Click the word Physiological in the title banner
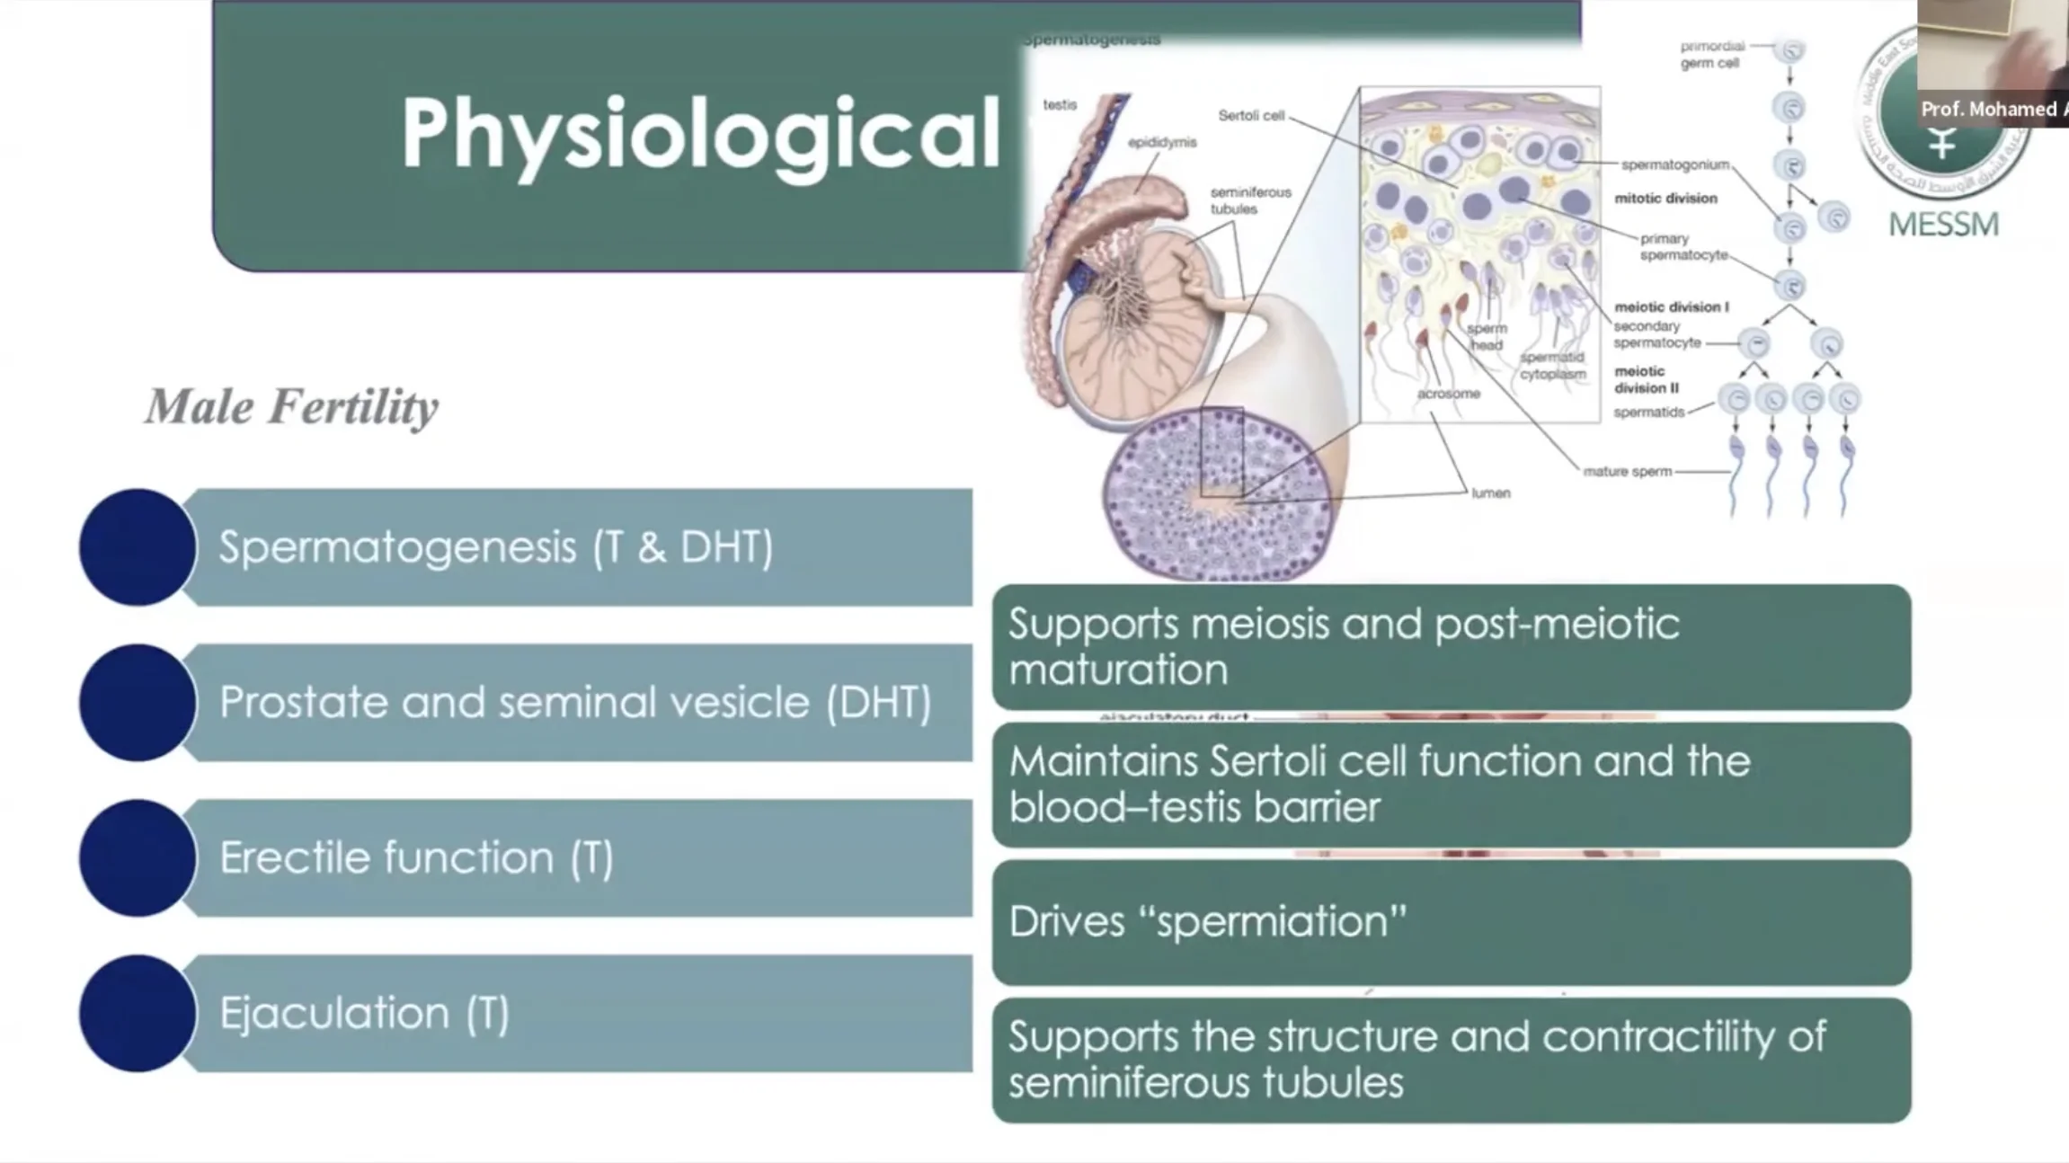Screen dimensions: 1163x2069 tap(699, 135)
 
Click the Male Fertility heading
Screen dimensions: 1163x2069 tap(292, 406)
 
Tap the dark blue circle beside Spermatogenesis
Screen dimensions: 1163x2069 tap(138, 546)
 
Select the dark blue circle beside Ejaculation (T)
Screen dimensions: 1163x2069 tap(138, 1013)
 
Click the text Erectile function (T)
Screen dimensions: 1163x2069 tap(416, 857)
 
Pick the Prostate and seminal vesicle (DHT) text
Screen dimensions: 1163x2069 tap(575, 702)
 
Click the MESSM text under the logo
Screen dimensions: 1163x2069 tap(1943, 224)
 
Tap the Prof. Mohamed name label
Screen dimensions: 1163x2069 tap(1988, 110)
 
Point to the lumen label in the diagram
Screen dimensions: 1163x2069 tap(1490, 493)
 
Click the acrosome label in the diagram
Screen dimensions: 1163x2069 tap(1448, 393)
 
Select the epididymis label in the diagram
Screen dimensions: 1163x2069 tap(1162, 142)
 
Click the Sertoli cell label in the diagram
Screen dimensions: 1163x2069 tap(1251, 115)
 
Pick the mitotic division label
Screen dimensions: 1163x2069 tap(1665, 198)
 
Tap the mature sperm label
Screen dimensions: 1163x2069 tap(1627, 471)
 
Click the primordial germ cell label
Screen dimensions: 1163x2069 tap(1710, 54)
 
